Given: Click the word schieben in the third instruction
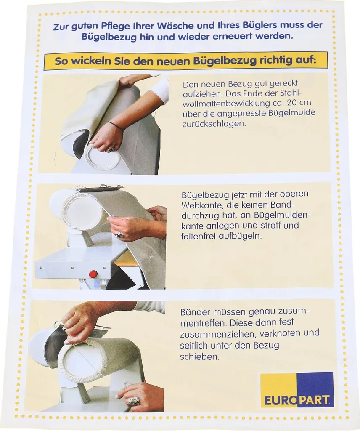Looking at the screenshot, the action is click(200, 357).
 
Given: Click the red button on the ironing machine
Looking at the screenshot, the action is click(93, 274).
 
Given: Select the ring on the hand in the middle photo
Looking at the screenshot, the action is click(119, 235).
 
